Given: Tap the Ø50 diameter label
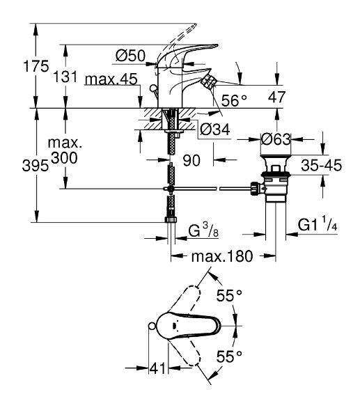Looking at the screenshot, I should click(130, 55).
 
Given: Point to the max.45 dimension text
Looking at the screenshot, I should click(109, 81).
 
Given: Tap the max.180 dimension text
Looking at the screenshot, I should click(221, 256).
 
